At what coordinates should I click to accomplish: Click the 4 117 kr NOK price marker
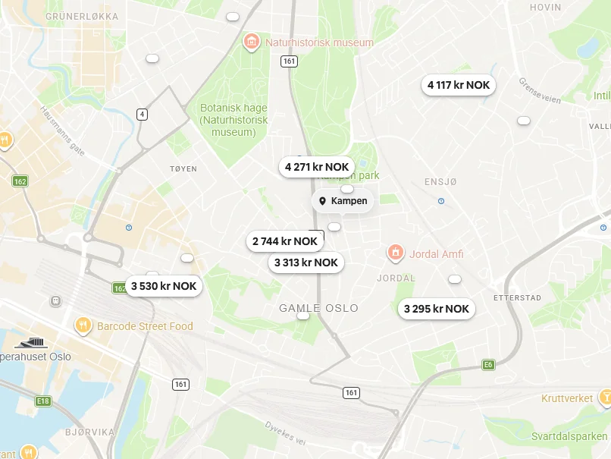(x=459, y=85)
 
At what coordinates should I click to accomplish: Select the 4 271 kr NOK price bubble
(x=317, y=167)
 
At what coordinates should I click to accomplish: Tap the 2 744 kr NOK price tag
(x=285, y=241)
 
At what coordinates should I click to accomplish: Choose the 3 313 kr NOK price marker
(x=306, y=263)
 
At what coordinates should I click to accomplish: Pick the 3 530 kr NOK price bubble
(x=164, y=286)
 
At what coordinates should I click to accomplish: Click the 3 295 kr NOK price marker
(x=437, y=309)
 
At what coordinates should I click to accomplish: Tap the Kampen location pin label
(x=343, y=201)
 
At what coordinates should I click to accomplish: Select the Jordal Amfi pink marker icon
(x=395, y=253)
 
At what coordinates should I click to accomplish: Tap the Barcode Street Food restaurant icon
(x=83, y=326)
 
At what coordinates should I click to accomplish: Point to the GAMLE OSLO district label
(x=318, y=308)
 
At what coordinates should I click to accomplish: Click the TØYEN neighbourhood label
(x=183, y=168)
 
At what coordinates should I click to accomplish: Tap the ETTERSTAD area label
(x=517, y=298)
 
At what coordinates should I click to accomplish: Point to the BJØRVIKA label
(x=89, y=432)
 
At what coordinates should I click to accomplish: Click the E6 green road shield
(x=488, y=365)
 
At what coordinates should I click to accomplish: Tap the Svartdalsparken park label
(x=569, y=436)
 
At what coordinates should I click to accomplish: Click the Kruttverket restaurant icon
(x=605, y=397)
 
